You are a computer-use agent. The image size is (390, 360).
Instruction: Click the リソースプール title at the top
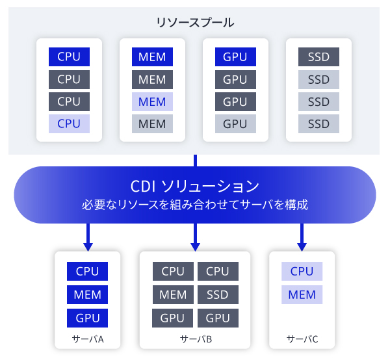[x=195, y=22]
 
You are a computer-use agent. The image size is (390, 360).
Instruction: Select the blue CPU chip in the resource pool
[x=69, y=57]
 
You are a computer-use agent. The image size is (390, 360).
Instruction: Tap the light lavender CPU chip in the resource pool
[x=69, y=123]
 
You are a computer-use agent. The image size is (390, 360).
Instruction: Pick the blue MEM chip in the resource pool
[x=152, y=57]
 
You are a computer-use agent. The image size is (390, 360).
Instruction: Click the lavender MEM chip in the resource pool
[x=152, y=101]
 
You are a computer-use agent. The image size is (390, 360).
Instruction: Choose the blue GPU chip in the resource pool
[x=235, y=57]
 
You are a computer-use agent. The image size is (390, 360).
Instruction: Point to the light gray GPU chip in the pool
[x=235, y=123]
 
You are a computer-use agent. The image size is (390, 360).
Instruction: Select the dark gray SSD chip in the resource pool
[x=318, y=57]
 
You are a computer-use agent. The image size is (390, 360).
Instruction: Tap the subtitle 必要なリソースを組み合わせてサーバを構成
[x=195, y=205]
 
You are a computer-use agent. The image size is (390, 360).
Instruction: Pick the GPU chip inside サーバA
[x=87, y=318]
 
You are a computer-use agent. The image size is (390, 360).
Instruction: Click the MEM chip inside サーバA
[x=87, y=295]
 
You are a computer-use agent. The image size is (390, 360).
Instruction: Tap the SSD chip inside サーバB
[x=218, y=295]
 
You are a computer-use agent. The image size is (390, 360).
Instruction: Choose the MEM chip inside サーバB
[x=173, y=295]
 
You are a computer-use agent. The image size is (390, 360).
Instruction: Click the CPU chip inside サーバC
[x=302, y=272]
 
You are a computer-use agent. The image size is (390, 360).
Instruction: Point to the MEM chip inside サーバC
[x=302, y=295]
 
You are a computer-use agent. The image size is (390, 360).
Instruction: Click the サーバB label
[x=195, y=339]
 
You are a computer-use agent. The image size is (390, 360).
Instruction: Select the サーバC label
[x=302, y=339]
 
